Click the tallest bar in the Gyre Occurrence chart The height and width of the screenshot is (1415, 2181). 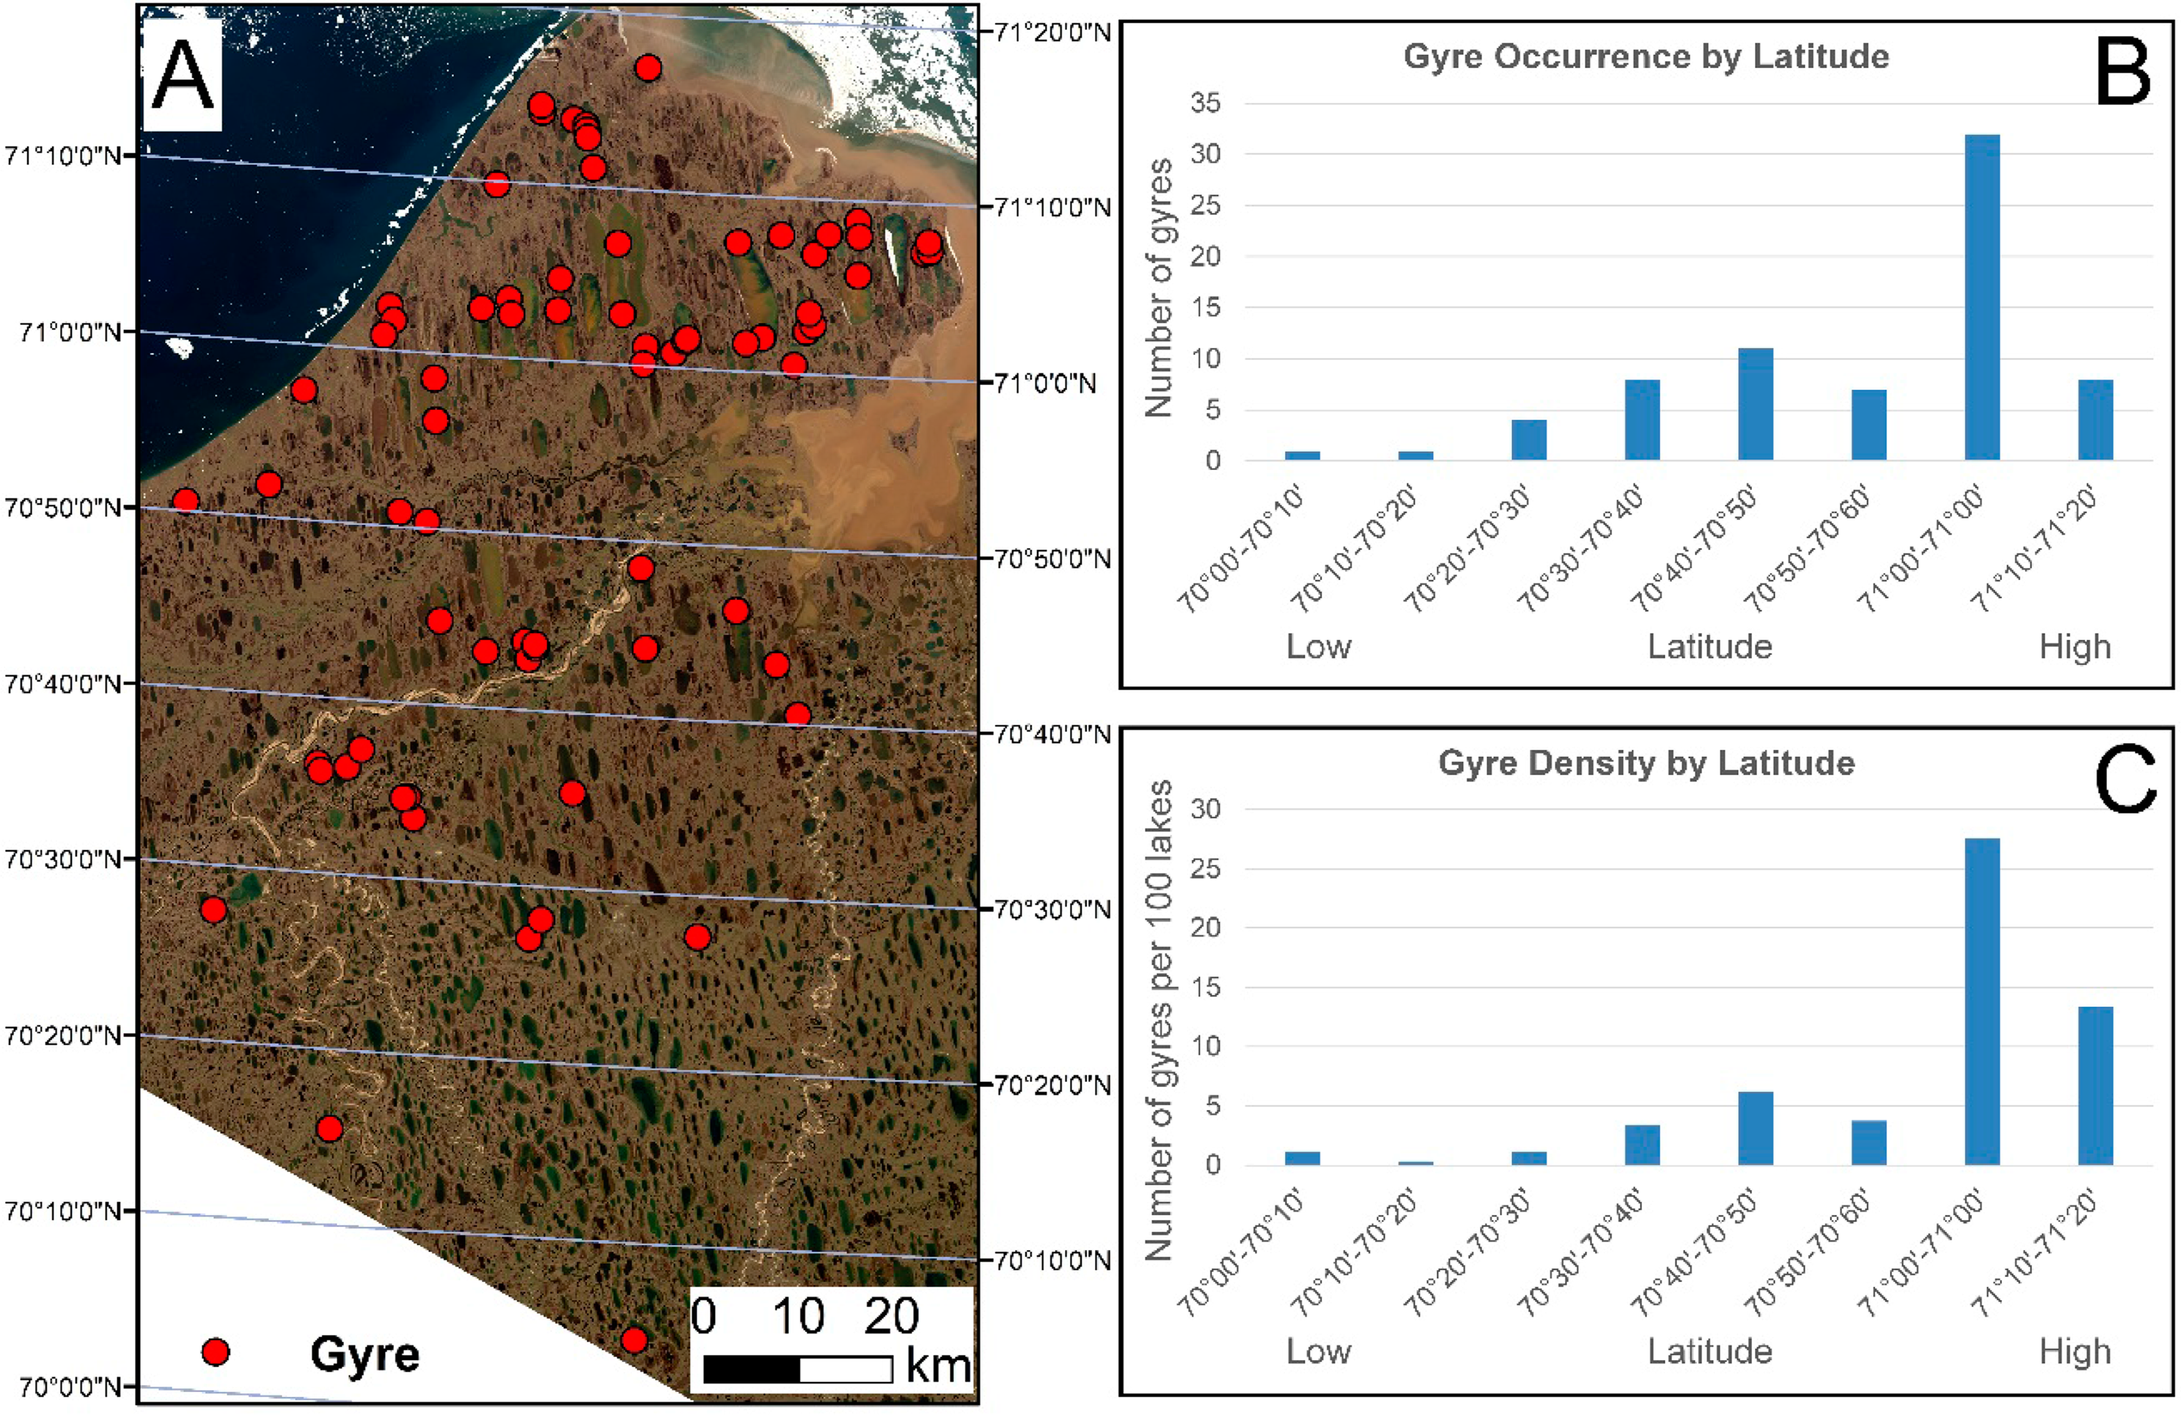click(1982, 297)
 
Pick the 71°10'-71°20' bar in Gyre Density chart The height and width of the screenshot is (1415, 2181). click(2095, 1086)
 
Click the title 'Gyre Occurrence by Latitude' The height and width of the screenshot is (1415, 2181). click(1646, 56)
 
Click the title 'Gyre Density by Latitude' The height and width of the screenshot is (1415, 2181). click(1646, 764)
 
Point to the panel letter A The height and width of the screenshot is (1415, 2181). click(183, 76)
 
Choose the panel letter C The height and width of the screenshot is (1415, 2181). click(2125, 779)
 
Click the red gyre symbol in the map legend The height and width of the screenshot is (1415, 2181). click(216, 1352)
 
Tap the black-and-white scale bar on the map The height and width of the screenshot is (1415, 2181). click(797, 1370)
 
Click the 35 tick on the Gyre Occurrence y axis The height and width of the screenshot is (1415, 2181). click(1206, 103)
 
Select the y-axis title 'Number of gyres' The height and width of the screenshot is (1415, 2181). click(1158, 287)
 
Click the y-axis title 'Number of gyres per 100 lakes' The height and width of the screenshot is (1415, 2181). click(1158, 1020)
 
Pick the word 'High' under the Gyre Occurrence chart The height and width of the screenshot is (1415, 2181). click(2075, 647)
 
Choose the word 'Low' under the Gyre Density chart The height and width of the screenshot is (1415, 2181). click(1318, 1352)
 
